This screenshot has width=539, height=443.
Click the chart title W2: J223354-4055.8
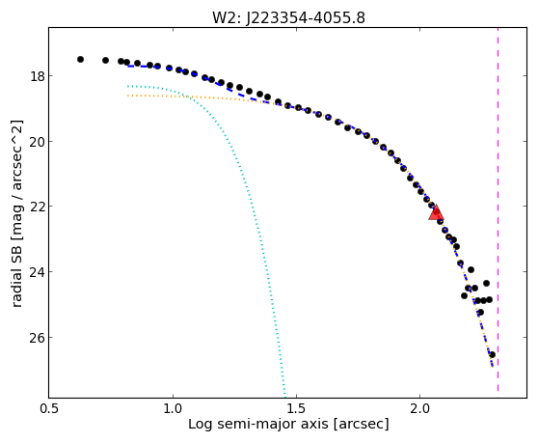288,17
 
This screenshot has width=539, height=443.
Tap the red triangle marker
436,213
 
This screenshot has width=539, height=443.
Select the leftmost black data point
80,59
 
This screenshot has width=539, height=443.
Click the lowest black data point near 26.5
492,354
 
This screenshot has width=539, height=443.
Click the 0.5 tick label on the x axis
49,408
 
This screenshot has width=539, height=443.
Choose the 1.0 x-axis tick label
173,408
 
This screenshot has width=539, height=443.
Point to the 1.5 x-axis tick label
296,408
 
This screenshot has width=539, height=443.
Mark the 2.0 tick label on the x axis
419,408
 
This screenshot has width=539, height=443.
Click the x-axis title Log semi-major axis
258,425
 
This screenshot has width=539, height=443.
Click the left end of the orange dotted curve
127,96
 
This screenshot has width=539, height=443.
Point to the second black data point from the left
105,60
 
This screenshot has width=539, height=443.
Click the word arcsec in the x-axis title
361,425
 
